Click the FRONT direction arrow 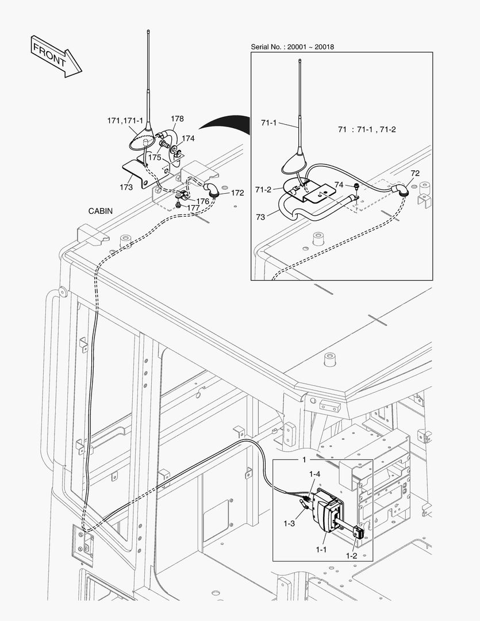pyautogui.click(x=56, y=56)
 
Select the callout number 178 pyautogui.click(x=177, y=119)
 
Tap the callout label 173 pyautogui.click(x=126, y=187)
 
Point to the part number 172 pyautogui.click(x=237, y=193)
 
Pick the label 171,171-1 pyautogui.click(x=124, y=121)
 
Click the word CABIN pyautogui.click(x=100, y=211)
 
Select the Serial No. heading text pyautogui.click(x=293, y=47)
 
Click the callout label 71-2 pyautogui.click(x=263, y=190)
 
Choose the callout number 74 pyautogui.click(x=339, y=185)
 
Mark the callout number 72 pyautogui.click(x=415, y=173)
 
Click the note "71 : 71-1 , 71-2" pyautogui.click(x=367, y=129)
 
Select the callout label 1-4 pyautogui.click(x=314, y=474)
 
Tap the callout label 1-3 pyautogui.click(x=290, y=524)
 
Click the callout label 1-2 pyautogui.click(x=352, y=556)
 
